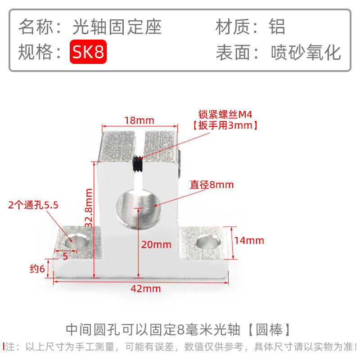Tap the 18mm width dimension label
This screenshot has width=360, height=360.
tap(139, 120)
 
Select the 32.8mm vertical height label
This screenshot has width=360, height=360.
tap(88, 208)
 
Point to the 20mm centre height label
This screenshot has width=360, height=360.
tap(156, 245)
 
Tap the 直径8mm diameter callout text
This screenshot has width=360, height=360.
tap(211, 184)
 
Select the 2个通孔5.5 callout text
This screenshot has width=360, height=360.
tap(33, 206)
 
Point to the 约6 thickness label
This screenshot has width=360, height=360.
tap(37, 269)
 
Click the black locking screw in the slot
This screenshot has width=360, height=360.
tap(139, 165)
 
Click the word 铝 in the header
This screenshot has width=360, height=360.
tap(277, 27)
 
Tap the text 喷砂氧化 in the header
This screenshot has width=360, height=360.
tap(306, 53)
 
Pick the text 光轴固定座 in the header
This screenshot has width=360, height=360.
tap(117, 27)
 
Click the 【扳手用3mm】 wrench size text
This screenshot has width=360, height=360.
tap(225, 126)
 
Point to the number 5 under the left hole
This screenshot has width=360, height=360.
tap(66, 256)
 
